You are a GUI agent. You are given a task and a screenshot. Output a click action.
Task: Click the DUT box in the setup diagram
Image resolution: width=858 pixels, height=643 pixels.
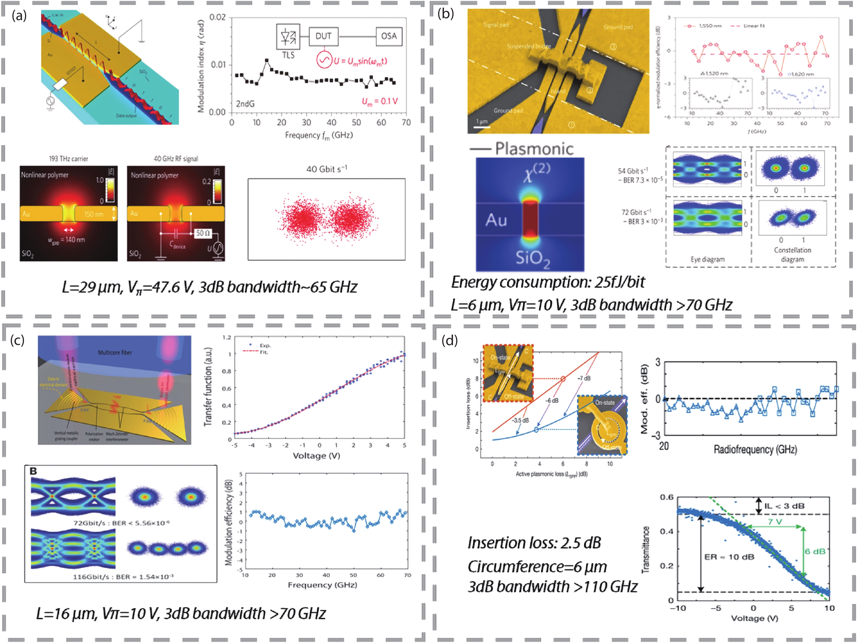tap(323, 36)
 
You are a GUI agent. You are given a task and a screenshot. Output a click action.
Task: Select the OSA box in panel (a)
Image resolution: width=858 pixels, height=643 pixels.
tap(389, 36)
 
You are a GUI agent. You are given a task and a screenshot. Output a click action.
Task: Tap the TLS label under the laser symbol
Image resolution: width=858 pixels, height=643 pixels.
tap(288, 56)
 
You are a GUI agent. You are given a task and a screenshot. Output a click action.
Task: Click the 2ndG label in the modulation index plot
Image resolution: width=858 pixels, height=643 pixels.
tap(245, 104)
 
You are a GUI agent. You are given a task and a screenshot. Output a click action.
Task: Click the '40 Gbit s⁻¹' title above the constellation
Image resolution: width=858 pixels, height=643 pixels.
tap(327, 169)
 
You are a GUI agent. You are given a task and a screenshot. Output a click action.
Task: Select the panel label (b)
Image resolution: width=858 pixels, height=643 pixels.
tap(445, 14)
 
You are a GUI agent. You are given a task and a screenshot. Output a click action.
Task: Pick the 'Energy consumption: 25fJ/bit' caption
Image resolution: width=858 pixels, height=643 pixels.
tap(548, 282)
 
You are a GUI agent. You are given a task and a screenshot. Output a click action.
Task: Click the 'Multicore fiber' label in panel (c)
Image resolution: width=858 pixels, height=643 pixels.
tap(115, 352)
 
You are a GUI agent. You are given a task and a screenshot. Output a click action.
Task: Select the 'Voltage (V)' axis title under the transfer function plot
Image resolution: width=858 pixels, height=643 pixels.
tap(316, 456)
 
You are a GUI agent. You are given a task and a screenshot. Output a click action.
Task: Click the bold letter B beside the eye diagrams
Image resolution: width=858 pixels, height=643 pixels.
tap(33, 471)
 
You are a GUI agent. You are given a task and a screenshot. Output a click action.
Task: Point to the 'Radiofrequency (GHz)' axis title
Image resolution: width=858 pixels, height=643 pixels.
tap(755, 450)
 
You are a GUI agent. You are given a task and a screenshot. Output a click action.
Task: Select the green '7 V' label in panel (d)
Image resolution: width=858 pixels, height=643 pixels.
tap(775, 522)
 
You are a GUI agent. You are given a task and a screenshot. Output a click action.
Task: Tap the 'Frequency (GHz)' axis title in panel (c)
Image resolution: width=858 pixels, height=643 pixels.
tap(322, 584)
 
